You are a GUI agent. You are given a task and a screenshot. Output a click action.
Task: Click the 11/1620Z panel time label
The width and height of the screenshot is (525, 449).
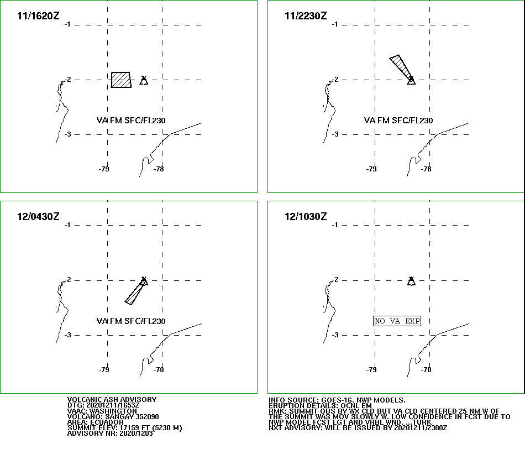pos(38,15)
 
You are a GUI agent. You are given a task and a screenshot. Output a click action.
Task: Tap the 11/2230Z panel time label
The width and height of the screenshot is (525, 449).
pos(306,15)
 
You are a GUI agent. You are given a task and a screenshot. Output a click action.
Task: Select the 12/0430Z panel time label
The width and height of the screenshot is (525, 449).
pos(38,216)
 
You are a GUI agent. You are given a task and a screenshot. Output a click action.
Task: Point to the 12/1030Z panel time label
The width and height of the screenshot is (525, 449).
pos(306,216)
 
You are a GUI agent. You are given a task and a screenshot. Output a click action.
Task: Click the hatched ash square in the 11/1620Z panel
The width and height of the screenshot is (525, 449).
pos(121,80)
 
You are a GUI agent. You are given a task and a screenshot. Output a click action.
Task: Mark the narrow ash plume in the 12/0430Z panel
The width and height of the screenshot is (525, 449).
pos(135,292)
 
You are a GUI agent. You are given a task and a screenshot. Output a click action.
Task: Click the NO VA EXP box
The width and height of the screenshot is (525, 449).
pos(397,321)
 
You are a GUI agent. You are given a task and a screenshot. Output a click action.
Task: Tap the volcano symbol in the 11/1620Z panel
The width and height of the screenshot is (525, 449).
pos(144,80)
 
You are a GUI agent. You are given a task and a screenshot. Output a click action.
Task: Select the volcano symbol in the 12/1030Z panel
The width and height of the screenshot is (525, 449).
pos(411,281)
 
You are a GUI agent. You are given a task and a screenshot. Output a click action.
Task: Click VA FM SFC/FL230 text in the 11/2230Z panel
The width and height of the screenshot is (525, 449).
pos(398,121)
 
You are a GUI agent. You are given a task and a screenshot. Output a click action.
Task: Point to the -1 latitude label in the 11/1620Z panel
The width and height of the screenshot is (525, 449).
pos(67,24)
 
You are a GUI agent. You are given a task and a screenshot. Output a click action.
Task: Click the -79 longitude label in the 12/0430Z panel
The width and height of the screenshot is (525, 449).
pos(104,369)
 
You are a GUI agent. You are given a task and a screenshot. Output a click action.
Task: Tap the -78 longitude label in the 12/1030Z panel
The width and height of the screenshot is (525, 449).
pos(426,369)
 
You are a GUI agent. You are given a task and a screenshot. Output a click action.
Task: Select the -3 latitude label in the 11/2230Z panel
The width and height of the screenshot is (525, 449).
pos(335,134)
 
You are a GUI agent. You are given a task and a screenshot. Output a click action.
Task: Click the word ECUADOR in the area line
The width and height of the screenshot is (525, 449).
pos(107,422)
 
